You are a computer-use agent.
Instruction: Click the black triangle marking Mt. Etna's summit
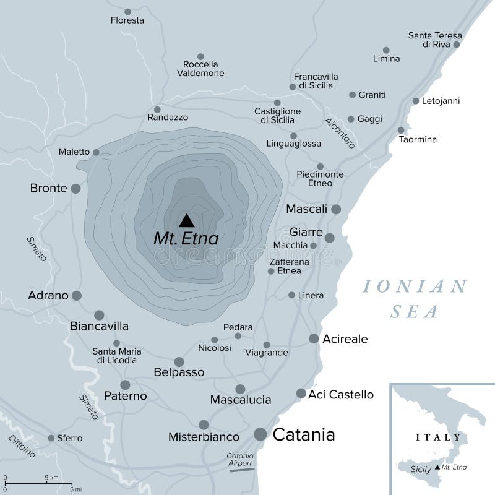[x=186, y=220]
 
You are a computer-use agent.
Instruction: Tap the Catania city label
[x=304, y=434]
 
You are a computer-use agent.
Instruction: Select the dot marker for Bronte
[x=75, y=188]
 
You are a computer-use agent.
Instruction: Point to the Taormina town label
[x=418, y=139]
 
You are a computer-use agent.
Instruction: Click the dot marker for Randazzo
[x=157, y=110]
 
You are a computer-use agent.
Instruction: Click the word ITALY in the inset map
[x=439, y=437]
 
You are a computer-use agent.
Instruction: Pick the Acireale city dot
[x=314, y=338]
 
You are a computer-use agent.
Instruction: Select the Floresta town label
[x=127, y=20]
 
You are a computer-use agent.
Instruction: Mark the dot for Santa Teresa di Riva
[x=457, y=45]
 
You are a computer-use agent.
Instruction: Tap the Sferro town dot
[x=51, y=438]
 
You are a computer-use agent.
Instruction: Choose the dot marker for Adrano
[x=77, y=296]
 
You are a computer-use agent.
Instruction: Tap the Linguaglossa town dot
[x=293, y=136]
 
